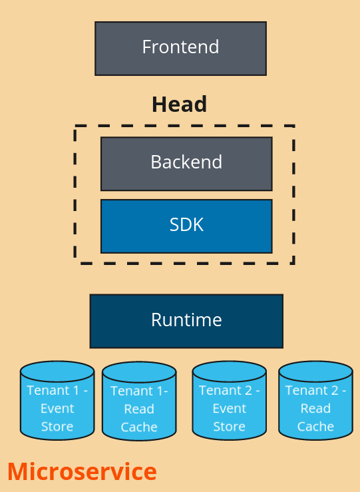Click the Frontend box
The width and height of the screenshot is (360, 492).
tap(180, 49)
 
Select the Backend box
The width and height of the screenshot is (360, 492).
tap(186, 164)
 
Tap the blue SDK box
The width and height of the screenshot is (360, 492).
tap(186, 226)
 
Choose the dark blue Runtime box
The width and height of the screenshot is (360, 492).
tap(186, 322)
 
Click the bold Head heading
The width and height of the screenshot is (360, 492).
tap(180, 104)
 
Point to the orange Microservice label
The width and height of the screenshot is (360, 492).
tap(82, 471)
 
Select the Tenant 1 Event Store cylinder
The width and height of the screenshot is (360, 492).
tap(57, 400)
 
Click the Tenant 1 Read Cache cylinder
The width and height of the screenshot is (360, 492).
tap(139, 401)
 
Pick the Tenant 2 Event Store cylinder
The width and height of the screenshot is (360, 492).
tap(229, 400)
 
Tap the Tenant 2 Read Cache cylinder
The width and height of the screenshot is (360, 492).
tap(315, 400)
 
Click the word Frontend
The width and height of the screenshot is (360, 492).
tap(180, 47)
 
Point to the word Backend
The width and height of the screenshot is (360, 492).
tap(186, 162)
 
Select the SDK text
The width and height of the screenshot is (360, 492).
tap(186, 224)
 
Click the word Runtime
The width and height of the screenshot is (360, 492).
tap(186, 320)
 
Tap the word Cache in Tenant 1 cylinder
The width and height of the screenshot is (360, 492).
tap(139, 427)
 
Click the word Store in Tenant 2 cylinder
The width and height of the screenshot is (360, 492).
tap(229, 426)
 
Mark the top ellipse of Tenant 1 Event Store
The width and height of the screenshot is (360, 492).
tap(57, 371)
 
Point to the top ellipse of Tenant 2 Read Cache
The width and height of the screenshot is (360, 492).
tap(315, 371)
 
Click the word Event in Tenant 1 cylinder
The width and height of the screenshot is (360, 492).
tap(57, 409)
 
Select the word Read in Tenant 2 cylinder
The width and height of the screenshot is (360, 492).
tap(315, 409)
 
